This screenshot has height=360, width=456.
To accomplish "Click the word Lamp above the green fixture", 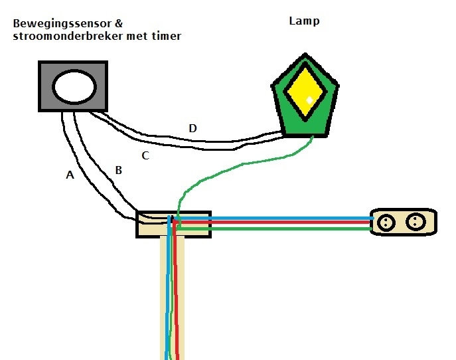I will tap(304, 21).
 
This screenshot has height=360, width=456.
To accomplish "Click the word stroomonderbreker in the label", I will tap(58, 36).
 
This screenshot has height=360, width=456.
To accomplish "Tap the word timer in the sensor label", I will tap(165, 36).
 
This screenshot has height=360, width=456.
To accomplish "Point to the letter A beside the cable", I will tap(70, 175).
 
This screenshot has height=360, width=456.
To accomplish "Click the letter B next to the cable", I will tap(118, 171).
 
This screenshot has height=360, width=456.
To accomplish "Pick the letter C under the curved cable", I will tap(145, 156).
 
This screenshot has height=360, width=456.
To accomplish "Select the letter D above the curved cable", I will tap(192, 128).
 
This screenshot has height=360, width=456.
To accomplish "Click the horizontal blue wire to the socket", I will tap(279, 217).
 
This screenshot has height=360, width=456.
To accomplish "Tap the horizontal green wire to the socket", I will tap(279, 230).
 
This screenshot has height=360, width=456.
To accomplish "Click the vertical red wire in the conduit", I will tap(177, 299).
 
